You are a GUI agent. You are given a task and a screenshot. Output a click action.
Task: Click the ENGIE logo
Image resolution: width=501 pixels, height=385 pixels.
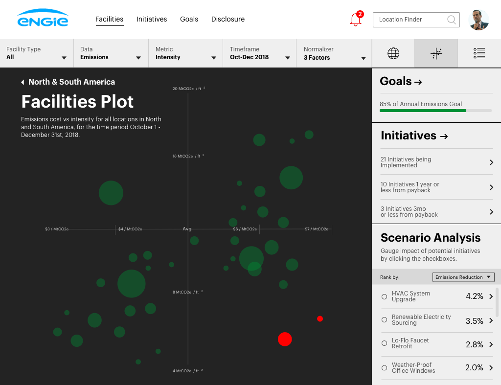[x=43, y=19]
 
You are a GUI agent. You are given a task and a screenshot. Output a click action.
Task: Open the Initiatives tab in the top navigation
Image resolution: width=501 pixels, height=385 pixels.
[x=152, y=19]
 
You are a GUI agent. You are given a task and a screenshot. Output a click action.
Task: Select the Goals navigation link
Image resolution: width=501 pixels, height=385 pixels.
[x=189, y=19]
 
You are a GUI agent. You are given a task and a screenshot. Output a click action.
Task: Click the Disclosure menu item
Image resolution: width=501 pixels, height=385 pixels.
[x=228, y=19]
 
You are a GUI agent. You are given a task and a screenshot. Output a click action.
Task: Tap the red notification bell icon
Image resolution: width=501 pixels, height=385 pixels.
[x=356, y=20]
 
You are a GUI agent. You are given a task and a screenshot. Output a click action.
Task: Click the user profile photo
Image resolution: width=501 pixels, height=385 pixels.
[x=478, y=20]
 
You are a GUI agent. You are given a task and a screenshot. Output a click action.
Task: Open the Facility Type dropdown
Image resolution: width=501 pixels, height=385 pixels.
[x=37, y=53]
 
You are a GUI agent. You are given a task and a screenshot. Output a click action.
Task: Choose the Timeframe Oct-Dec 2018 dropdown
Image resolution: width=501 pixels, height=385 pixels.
[x=260, y=53]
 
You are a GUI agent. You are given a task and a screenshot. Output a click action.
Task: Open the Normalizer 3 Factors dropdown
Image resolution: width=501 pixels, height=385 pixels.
[x=335, y=53]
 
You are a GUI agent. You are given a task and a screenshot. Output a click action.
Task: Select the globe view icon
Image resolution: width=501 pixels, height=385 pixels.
[x=393, y=53]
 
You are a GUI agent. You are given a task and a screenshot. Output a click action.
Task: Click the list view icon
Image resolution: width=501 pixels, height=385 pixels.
[x=479, y=53]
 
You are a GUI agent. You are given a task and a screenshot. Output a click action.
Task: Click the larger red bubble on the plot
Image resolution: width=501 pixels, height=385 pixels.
[x=285, y=339]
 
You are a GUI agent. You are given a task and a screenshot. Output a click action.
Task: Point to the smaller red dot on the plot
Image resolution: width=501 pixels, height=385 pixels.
[x=320, y=318]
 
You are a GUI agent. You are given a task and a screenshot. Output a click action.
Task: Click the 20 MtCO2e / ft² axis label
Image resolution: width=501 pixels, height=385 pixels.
[x=188, y=89]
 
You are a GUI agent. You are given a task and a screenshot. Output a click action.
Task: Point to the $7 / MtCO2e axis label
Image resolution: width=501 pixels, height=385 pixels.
[x=317, y=229]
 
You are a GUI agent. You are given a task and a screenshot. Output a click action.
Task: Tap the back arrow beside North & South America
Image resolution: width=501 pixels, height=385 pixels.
[x=23, y=82]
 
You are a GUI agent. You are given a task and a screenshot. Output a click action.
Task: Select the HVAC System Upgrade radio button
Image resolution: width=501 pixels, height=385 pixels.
[x=384, y=296]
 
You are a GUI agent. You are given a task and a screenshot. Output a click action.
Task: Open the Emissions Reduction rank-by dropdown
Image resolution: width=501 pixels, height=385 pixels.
[x=463, y=277]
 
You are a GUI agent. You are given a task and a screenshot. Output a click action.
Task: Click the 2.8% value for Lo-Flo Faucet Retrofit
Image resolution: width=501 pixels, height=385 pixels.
[x=474, y=344]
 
